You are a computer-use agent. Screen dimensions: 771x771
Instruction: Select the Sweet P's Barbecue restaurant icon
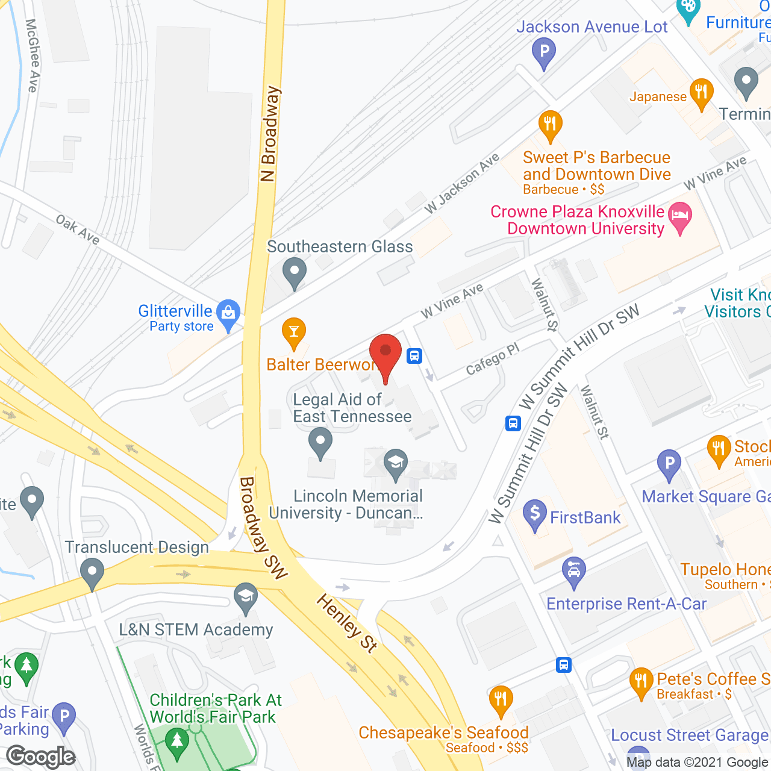[x=550, y=125]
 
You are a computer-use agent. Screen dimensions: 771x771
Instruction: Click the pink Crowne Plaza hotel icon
[x=680, y=217]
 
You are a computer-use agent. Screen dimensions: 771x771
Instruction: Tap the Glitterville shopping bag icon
[x=228, y=314]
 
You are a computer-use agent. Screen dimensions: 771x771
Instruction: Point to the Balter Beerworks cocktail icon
[x=294, y=332]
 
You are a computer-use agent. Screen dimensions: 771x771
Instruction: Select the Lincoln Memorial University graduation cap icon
[x=396, y=464]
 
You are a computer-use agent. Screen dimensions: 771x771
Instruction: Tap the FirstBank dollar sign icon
[x=535, y=514]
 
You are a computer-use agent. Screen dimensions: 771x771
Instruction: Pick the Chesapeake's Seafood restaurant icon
[x=501, y=700]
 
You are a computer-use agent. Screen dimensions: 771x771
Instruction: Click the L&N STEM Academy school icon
[x=246, y=597]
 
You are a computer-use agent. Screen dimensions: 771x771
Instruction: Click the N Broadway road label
[x=269, y=134]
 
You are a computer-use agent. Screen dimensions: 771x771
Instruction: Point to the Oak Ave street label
[x=78, y=229]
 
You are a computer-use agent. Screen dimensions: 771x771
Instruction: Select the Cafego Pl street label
[x=492, y=360]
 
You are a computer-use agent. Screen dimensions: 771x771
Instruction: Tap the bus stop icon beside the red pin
[x=414, y=355]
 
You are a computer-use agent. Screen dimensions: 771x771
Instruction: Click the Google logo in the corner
[x=41, y=757]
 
